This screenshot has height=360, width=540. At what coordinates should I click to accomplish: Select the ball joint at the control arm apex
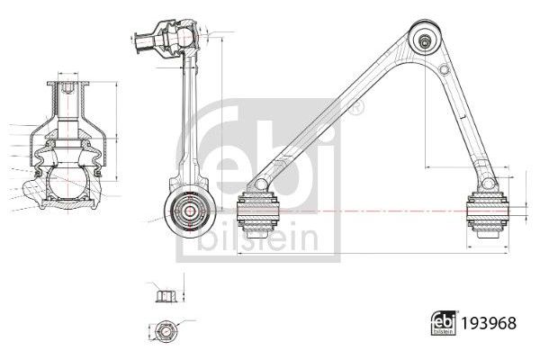(424, 40)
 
